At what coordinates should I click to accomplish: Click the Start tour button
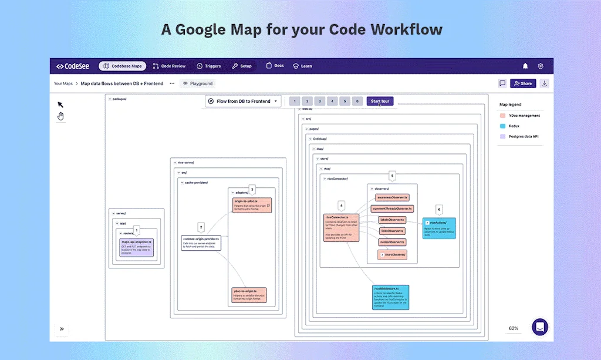[x=380, y=101]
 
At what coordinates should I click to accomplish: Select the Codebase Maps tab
[x=122, y=66]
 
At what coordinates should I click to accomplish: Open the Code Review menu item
[x=169, y=66]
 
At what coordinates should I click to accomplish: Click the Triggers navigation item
[x=208, y=66]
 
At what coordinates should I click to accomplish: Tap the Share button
[x=522, y=83]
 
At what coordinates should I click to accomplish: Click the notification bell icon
[x=525, y=66]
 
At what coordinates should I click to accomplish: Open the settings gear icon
[x=541, y=66]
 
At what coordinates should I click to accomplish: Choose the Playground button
[x=198, y=83]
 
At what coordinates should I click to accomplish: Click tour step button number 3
[x=319, y=101]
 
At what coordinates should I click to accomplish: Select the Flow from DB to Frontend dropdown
[x=244, y=101]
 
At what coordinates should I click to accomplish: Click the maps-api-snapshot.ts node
[x=137, y=247]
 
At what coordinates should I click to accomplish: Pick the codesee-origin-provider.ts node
[x=201, y=243]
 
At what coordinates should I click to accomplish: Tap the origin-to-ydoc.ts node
[x=252, y=205]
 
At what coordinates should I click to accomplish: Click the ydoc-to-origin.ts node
[x=249, y=295]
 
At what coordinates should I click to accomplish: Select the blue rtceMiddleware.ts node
[x=390, y=297]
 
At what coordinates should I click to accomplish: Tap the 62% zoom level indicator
[x=514, y=328]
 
